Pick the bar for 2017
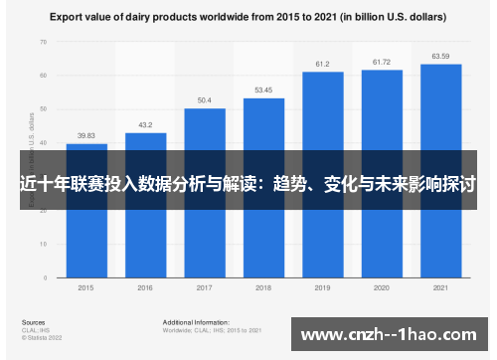[x=205, y=229]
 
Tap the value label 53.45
[x=263, y=90]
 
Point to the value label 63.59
[x=440, y=57]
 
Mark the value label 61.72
[x=382, y=63]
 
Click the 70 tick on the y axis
[x=43, y=43]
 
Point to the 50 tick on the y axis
[x=43, y=109]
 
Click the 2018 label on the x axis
[x=263, y=287]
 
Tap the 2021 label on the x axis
[x=440, y=287]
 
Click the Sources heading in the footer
[x=32, y=323]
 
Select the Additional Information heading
[x=196, y=323]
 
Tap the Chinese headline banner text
[x=248, y=184]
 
